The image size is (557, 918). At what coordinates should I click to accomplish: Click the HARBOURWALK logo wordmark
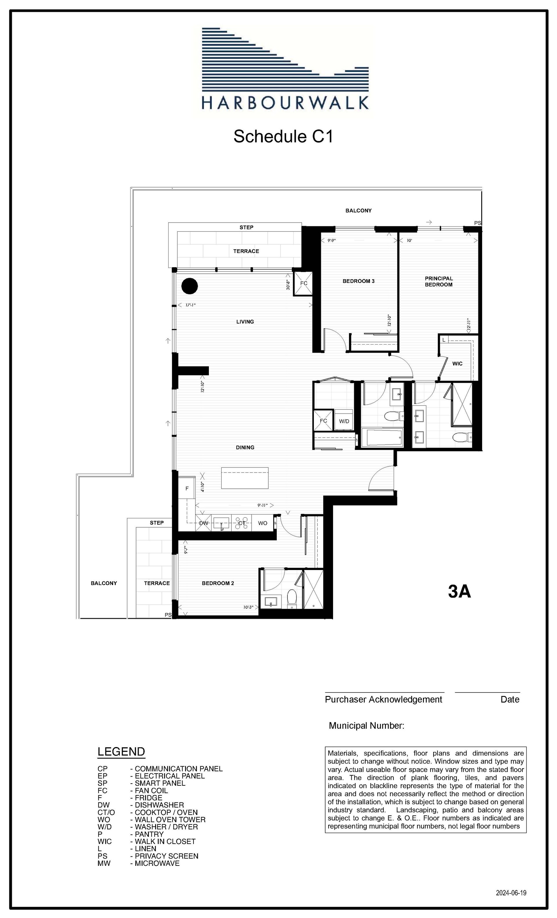coord(285,102)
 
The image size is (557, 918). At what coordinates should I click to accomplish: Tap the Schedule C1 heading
coord(283,136)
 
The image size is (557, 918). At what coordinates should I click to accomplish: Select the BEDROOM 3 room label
coord(359,281)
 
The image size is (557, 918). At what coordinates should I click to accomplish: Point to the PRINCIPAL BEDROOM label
coord(439,281)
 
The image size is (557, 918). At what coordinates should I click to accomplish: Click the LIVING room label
coord(245,322)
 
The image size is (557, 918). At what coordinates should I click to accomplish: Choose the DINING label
coord(245,447)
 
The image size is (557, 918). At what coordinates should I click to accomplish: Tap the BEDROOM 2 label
coord(218,583)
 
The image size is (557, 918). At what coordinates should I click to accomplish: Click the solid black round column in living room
coord(189,286)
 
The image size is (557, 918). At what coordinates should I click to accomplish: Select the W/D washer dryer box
coord(344,420)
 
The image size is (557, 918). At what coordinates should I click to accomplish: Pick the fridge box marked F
coord(187,488)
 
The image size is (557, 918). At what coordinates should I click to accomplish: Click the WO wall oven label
coord(263,523)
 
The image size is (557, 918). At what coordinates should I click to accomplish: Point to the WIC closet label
coord(457,363)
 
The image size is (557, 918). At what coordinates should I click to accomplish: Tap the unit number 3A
coord(460,591)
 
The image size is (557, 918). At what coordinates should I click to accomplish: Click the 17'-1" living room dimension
coord(191,305)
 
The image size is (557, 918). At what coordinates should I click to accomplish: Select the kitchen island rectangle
coord(245,478)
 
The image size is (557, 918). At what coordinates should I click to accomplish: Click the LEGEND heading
coord(121,751)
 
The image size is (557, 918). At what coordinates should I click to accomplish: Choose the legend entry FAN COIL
coord(151,791)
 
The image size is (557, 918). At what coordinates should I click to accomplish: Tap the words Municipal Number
coord(366,725)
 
